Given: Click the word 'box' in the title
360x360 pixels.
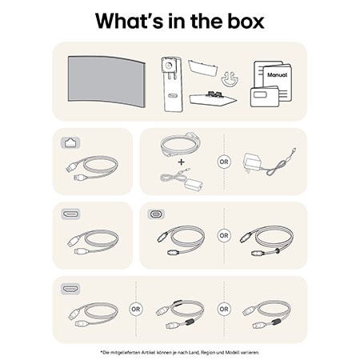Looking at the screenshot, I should (241, 20).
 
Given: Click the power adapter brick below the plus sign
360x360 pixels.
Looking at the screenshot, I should (192, 182).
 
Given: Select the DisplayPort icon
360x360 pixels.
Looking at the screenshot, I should (70, 214).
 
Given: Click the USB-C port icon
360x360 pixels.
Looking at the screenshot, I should (155, 214).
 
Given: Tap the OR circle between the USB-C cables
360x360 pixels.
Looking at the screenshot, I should (223, 236).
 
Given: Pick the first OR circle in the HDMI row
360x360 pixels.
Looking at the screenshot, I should (136, 309).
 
